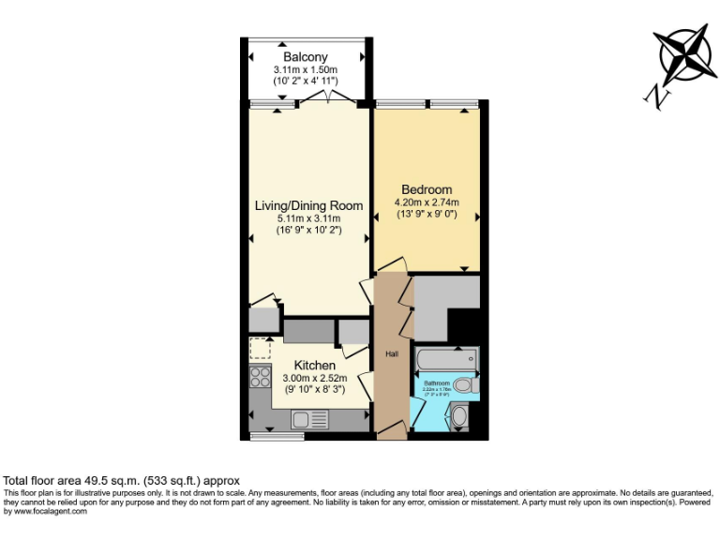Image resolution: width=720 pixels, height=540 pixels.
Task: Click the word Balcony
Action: click(x=305, y=58)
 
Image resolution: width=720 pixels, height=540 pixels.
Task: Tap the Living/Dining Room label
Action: click(x=308, y=205)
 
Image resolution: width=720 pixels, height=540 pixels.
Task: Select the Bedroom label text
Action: click(x=427, y=189)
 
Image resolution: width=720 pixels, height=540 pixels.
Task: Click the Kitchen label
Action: click(x=314, y=365)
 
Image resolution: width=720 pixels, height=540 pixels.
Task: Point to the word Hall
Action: click(x=392, y=353)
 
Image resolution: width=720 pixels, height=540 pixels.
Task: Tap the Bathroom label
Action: click(x=436, y=383)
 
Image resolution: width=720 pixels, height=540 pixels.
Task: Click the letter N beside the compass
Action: click(x=657, y=95)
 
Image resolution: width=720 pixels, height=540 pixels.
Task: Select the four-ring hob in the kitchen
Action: click(x=260, y=379)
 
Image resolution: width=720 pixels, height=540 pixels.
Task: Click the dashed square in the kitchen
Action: click(x=260, y=349)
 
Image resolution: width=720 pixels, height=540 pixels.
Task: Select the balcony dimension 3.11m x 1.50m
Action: click(x=305, y=70)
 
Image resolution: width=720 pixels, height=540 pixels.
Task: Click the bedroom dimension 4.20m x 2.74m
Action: click(x=427, y=202)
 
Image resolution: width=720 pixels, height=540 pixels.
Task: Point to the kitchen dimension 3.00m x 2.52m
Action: click(x=314, y=378)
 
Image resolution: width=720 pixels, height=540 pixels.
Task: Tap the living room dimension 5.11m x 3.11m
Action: click(x=308, y=218)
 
